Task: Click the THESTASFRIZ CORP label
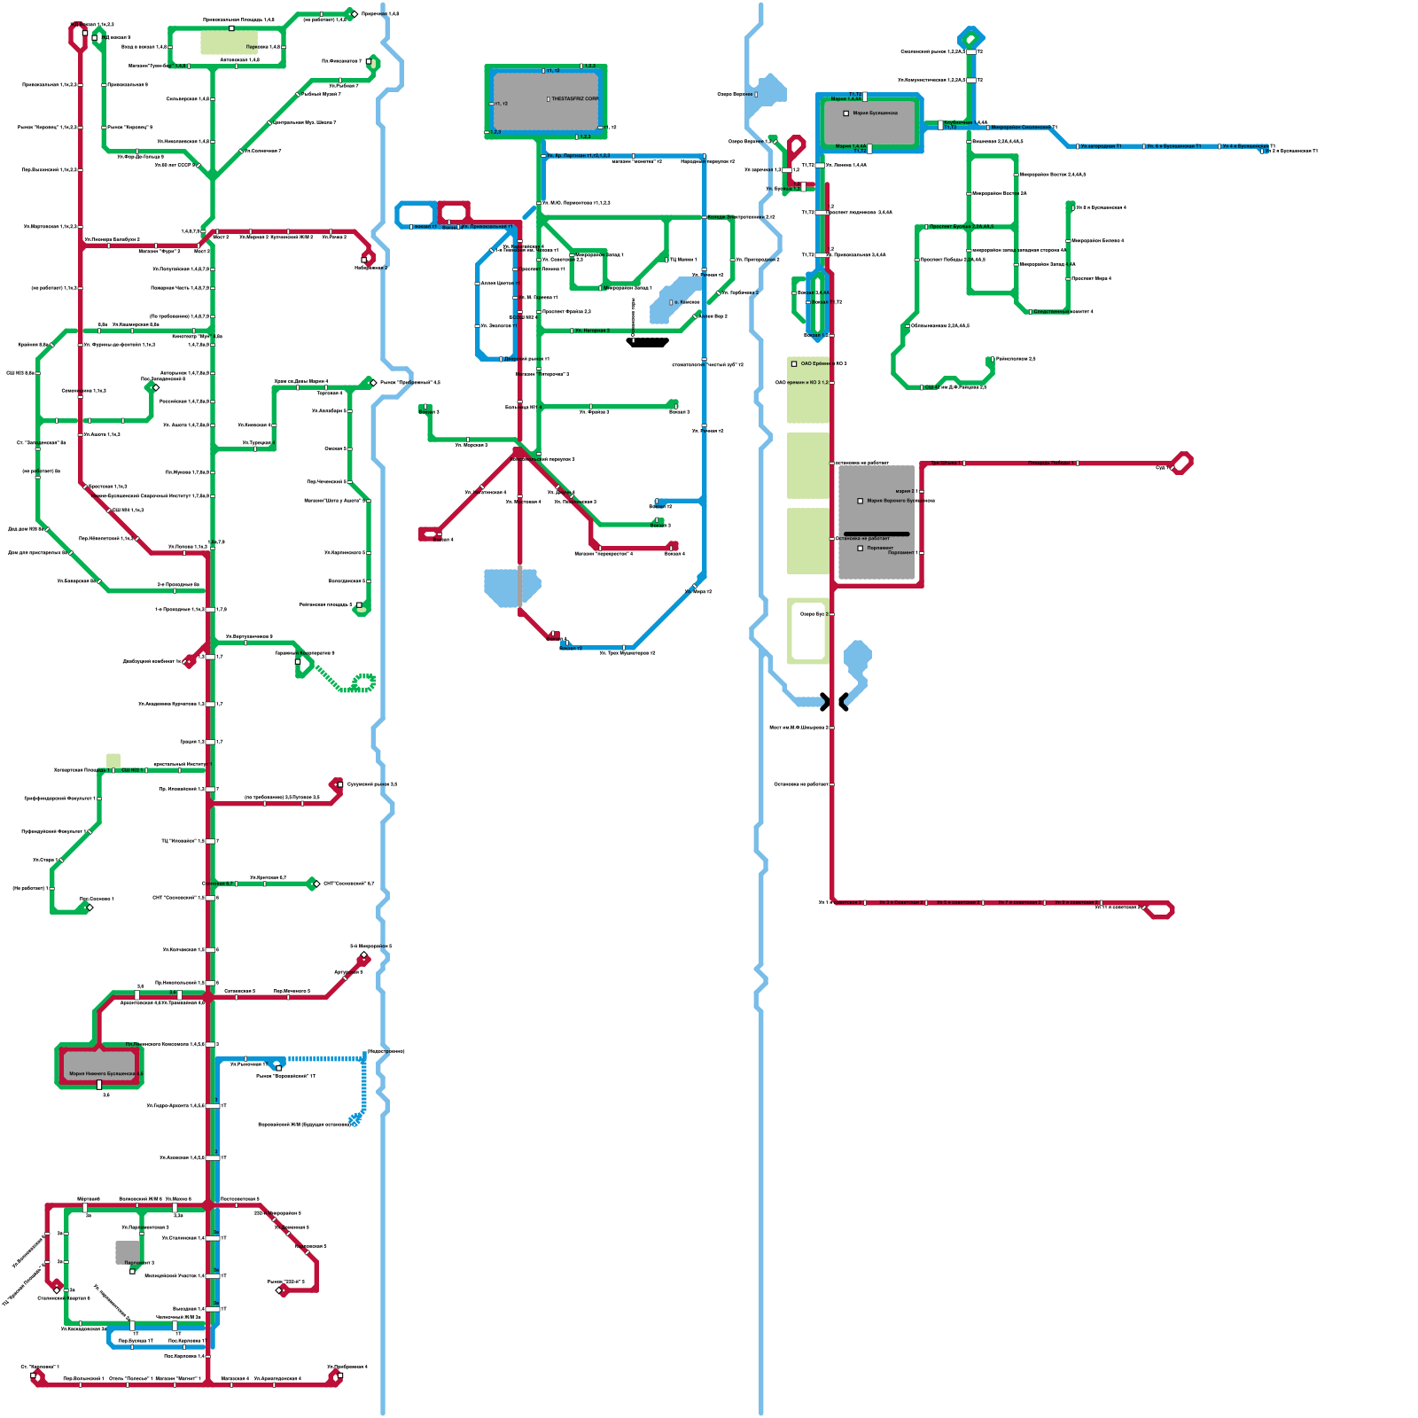pyautogui.click(x=574, y=99)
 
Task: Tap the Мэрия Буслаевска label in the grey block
pyautogui.click(x=875, y=113)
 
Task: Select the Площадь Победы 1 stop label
pyautogui.click(x=1050, y=463)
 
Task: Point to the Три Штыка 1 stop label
pyautogui.click(x=944, y=463)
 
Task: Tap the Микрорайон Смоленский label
pyautogui.click(x=1024, y=128)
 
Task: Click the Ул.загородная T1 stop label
pyautogui.click(x=1101, y=146)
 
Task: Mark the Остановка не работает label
pyautogui.click(x=863, y=539)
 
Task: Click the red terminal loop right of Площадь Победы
pyautogui.click(x=1181, y=463)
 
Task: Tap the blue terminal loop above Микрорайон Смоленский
pyautogui.click(x=971, y=38)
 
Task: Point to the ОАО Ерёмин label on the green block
pyautogui.click(x=815, y=363)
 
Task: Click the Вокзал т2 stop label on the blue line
pyautogui.click(x=571, y=648)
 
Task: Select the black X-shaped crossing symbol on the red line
pyautogui.click(x=834, y=702)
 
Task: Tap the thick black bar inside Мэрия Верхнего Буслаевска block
pyautogui.click(x=877, y=534)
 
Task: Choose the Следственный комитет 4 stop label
pyautogui.click(x=1063, y=312)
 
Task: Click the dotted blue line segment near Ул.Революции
pyautogui.click(x=324, y=1058)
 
